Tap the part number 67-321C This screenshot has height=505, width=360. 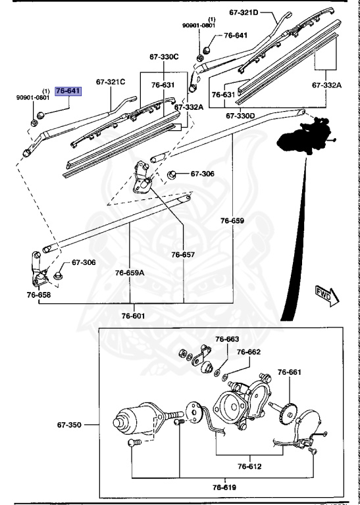point(111,82)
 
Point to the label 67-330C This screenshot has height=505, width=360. point(164,57)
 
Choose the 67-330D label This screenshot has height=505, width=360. point(240,116)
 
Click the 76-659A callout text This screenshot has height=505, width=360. point(130,272)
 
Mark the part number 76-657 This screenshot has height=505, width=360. point(184,254)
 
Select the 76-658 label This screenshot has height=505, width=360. point(39,295)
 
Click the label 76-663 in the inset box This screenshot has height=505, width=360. point(228,339)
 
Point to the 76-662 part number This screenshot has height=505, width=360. point(249,352)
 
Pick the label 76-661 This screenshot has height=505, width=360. point(289,372)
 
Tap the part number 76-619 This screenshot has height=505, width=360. point(224,487)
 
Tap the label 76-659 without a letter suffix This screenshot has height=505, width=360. point(232,221)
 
